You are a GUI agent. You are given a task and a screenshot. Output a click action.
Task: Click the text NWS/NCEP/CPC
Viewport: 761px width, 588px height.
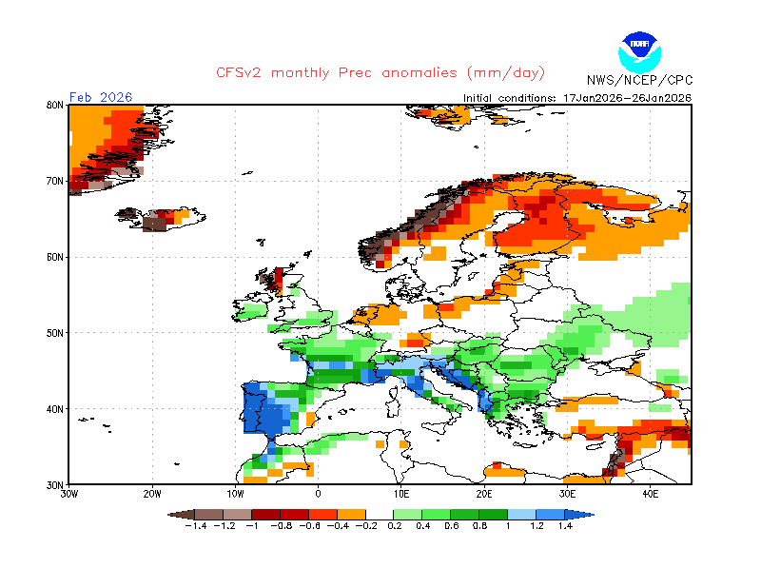point(639,80)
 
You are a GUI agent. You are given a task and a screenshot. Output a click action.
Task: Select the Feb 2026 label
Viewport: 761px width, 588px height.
point(101,97)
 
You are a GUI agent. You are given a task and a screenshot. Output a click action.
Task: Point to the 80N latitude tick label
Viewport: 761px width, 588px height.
point(54,105)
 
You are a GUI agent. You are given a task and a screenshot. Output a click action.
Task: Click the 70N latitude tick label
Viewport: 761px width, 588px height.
point(54,181)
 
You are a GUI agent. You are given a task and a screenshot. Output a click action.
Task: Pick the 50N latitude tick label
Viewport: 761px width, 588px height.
point(54,333)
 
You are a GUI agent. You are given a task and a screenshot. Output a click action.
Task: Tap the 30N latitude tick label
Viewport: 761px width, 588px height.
point(54,484)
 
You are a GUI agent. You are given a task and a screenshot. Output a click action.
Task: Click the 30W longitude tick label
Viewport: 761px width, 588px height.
point(68,495)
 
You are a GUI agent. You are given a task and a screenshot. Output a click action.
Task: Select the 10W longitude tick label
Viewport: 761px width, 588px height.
point(235,495)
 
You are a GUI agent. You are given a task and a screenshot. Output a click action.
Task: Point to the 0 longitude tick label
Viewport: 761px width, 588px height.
point(319,495)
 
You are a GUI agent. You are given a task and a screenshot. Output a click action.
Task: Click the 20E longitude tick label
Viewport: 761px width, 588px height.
point(485,495)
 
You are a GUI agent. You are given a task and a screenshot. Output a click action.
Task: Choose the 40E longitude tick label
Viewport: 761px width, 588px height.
point(652,495)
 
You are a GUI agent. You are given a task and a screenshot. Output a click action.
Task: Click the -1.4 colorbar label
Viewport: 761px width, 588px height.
point(197,526)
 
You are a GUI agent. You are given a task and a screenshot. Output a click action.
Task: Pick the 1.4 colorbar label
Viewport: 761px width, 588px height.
point(564,526)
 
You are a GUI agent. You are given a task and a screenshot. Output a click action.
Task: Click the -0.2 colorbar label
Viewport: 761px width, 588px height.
point(366,526)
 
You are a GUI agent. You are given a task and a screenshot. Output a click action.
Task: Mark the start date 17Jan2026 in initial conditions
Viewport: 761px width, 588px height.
point(593,97)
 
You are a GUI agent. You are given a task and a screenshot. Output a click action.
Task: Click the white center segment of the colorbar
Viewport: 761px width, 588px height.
point(380,514)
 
